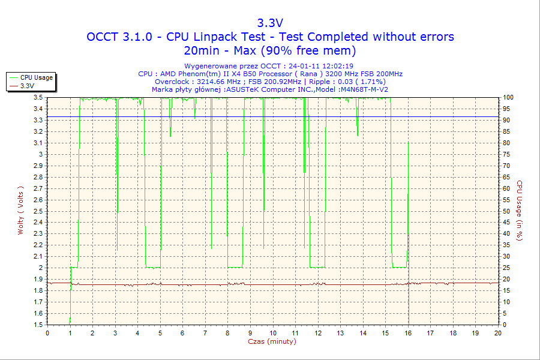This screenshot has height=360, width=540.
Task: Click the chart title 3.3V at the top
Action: click(x=270, y=23)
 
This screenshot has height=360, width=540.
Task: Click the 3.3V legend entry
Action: click(x=27, y=86)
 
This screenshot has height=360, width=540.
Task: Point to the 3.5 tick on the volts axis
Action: click(x=38, y=97)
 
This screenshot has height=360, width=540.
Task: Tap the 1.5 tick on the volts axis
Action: click(x=38, y=325)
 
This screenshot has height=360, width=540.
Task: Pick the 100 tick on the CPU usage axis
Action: click(x=508, y=97)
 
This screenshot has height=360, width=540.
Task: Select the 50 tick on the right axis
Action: click(x=506, y=211)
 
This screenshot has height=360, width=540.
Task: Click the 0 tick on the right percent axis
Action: click(x=505, y=325)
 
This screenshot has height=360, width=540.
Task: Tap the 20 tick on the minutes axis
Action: click(x=497, y=333)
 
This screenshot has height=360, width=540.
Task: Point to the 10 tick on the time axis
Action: click(x=272, y=333)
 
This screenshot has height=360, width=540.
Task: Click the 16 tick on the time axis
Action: click(x=407, y=333)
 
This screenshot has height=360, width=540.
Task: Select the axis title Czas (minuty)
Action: click(x=272, y=341)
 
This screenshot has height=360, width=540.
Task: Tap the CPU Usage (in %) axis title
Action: click(x=520, y=211)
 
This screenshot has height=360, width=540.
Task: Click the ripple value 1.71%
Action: click(x=372, y=82)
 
